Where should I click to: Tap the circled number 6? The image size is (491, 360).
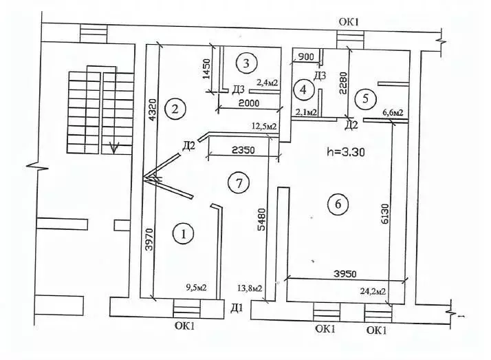click(x=337, y=204)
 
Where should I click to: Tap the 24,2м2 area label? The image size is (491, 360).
click(x=372, y=292)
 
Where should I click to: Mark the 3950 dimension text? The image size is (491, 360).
click(x=338, y=273)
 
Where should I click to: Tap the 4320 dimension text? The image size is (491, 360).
click(x=153, y=108)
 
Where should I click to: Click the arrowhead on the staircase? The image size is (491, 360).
click(x=116, y=147)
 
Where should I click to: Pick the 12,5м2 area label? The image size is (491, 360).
click(x=265, y=126)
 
